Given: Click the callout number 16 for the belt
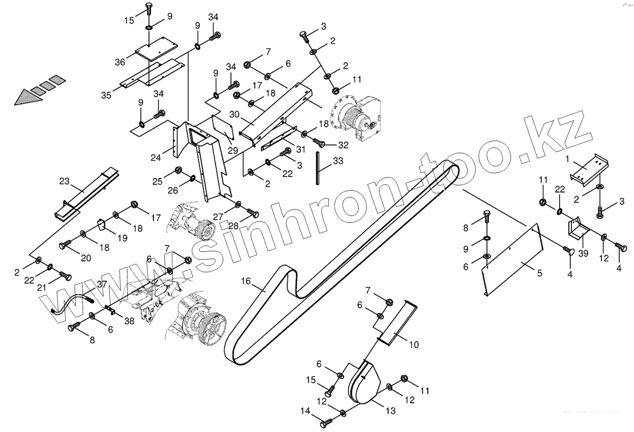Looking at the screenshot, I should coord(246,281).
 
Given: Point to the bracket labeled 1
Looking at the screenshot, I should coord(588,172).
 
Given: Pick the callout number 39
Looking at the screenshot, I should coord(583,253).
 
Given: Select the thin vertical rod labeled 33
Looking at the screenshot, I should coord(318,167).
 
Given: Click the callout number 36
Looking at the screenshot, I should coord(120,62).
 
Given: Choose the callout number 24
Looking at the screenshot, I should coord(156,158).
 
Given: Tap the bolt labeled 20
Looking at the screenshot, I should coord(64,245).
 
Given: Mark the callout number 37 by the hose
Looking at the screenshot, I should coord(102,284).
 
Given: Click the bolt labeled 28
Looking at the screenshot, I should coord(253,212).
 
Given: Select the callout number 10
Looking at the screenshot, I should coord(414,345).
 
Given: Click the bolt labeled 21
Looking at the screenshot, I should coord(64,275).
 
